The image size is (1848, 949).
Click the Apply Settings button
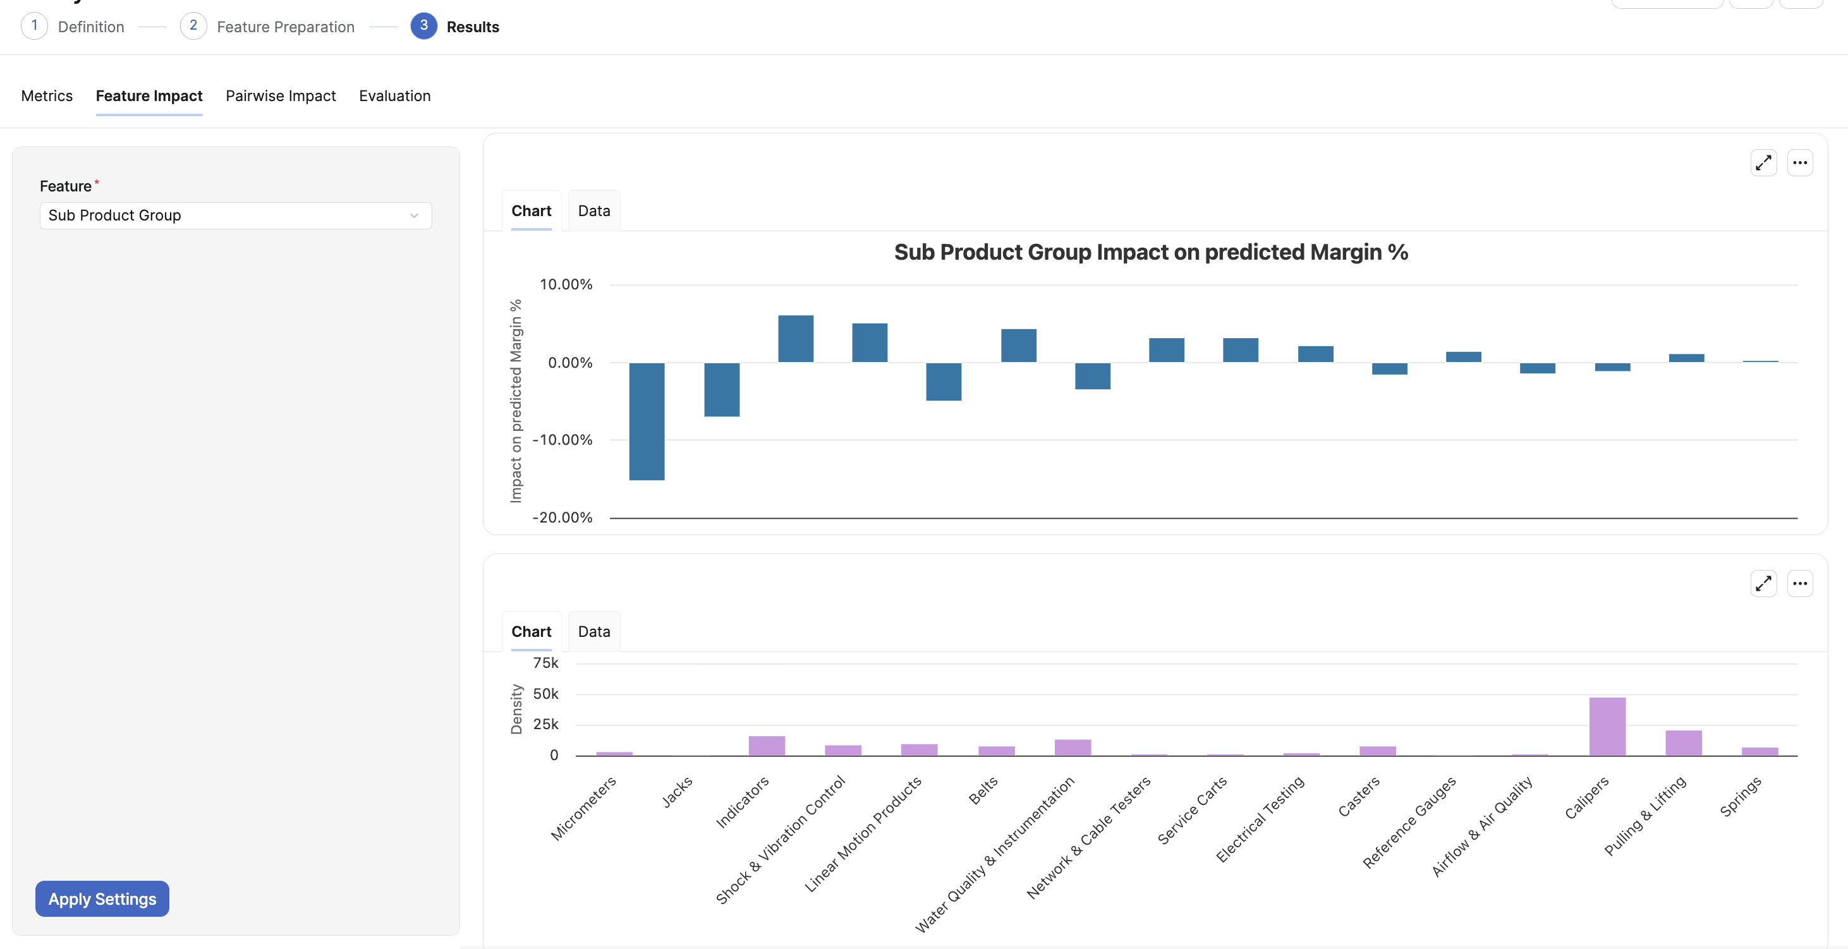(102, 899)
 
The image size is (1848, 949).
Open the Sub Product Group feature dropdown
(235, 215)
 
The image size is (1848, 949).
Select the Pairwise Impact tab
(281, 96)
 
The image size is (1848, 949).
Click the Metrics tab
(47, 96)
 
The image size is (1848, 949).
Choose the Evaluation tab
(394, 96)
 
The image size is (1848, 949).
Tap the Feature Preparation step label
(286, 27)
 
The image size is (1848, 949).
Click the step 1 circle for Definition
(34, 26)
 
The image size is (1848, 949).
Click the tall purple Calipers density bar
(1607, 726)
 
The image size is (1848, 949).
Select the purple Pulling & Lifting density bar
(1683, 742)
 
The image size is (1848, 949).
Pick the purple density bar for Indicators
(767, 746)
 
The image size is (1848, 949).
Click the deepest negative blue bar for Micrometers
(647, 421)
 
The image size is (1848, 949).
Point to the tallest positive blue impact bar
(796, 339)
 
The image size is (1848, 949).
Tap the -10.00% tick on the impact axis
(562, 440)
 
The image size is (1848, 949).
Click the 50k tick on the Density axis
(545, 694)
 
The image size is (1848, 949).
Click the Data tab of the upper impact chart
(594, 211)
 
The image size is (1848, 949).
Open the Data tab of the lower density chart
(594, 631)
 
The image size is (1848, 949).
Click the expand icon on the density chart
(1763, 583)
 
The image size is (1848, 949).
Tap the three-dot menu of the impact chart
(1800, 163)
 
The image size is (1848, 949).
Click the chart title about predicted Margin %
(1151, 253)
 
